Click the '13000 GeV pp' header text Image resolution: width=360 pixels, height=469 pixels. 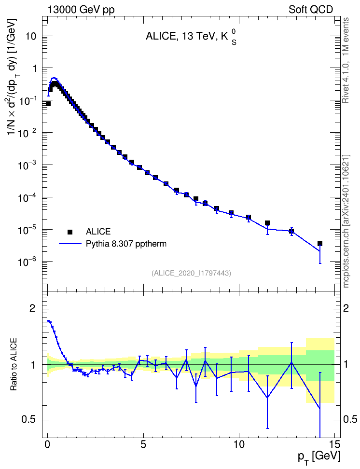[x=81, y=10]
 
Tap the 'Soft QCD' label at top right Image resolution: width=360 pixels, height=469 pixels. [x=311, y=10]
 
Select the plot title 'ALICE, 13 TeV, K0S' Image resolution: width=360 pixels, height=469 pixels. [x=191, y=37]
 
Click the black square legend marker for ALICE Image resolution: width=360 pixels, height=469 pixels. [x=70, y=232]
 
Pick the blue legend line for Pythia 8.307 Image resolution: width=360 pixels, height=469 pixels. [x=70, y=244]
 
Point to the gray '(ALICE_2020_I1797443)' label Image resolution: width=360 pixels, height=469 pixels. [x=191, y=273]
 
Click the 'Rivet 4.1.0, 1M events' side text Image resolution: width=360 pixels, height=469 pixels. [x=346, y=60]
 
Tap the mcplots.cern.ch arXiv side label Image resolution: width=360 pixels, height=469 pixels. [x=346, y=221]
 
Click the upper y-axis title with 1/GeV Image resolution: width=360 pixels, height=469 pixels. [x=12, y=76]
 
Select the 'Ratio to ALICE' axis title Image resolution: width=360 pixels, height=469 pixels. [x=14, y=365]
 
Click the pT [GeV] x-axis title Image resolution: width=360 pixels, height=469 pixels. [x=319, y=457]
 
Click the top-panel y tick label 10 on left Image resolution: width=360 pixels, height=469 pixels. [x=30, y=36]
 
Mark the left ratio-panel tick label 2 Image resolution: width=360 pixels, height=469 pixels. [x=32, y=308]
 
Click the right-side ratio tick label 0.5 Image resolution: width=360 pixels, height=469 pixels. [x=350, y=420]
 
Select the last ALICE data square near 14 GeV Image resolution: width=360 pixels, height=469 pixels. [x=320, y=244]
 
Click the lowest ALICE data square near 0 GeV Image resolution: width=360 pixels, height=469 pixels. [x=48, y=104]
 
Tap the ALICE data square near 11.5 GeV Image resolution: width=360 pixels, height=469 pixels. [x=267, y=223]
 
